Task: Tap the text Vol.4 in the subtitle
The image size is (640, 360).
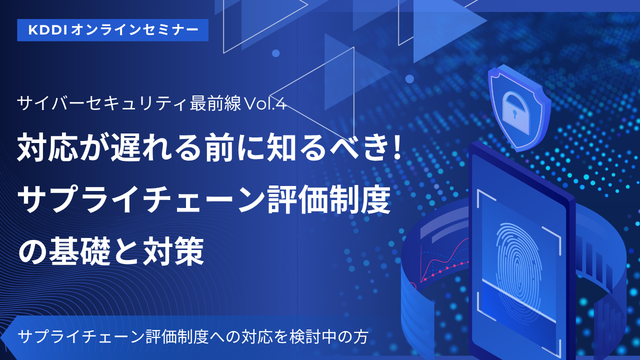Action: (x=265, y=104)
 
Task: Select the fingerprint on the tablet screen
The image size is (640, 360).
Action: (x=519, y=264)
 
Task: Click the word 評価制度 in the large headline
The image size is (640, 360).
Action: (x=329, y=199)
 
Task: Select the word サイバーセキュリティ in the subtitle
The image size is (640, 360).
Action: (x=102, y=104)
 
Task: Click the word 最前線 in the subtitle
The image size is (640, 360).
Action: (x=216, y=104)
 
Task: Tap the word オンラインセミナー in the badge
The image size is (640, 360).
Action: (x=135, y=30)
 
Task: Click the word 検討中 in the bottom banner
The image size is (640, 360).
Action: (x=313, y=337)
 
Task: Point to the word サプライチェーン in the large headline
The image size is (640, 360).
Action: (x=141, y=199)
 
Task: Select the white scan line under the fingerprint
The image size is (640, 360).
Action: (x=518, y=297)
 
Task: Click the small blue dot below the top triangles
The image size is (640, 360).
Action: (x=276, y=53)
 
